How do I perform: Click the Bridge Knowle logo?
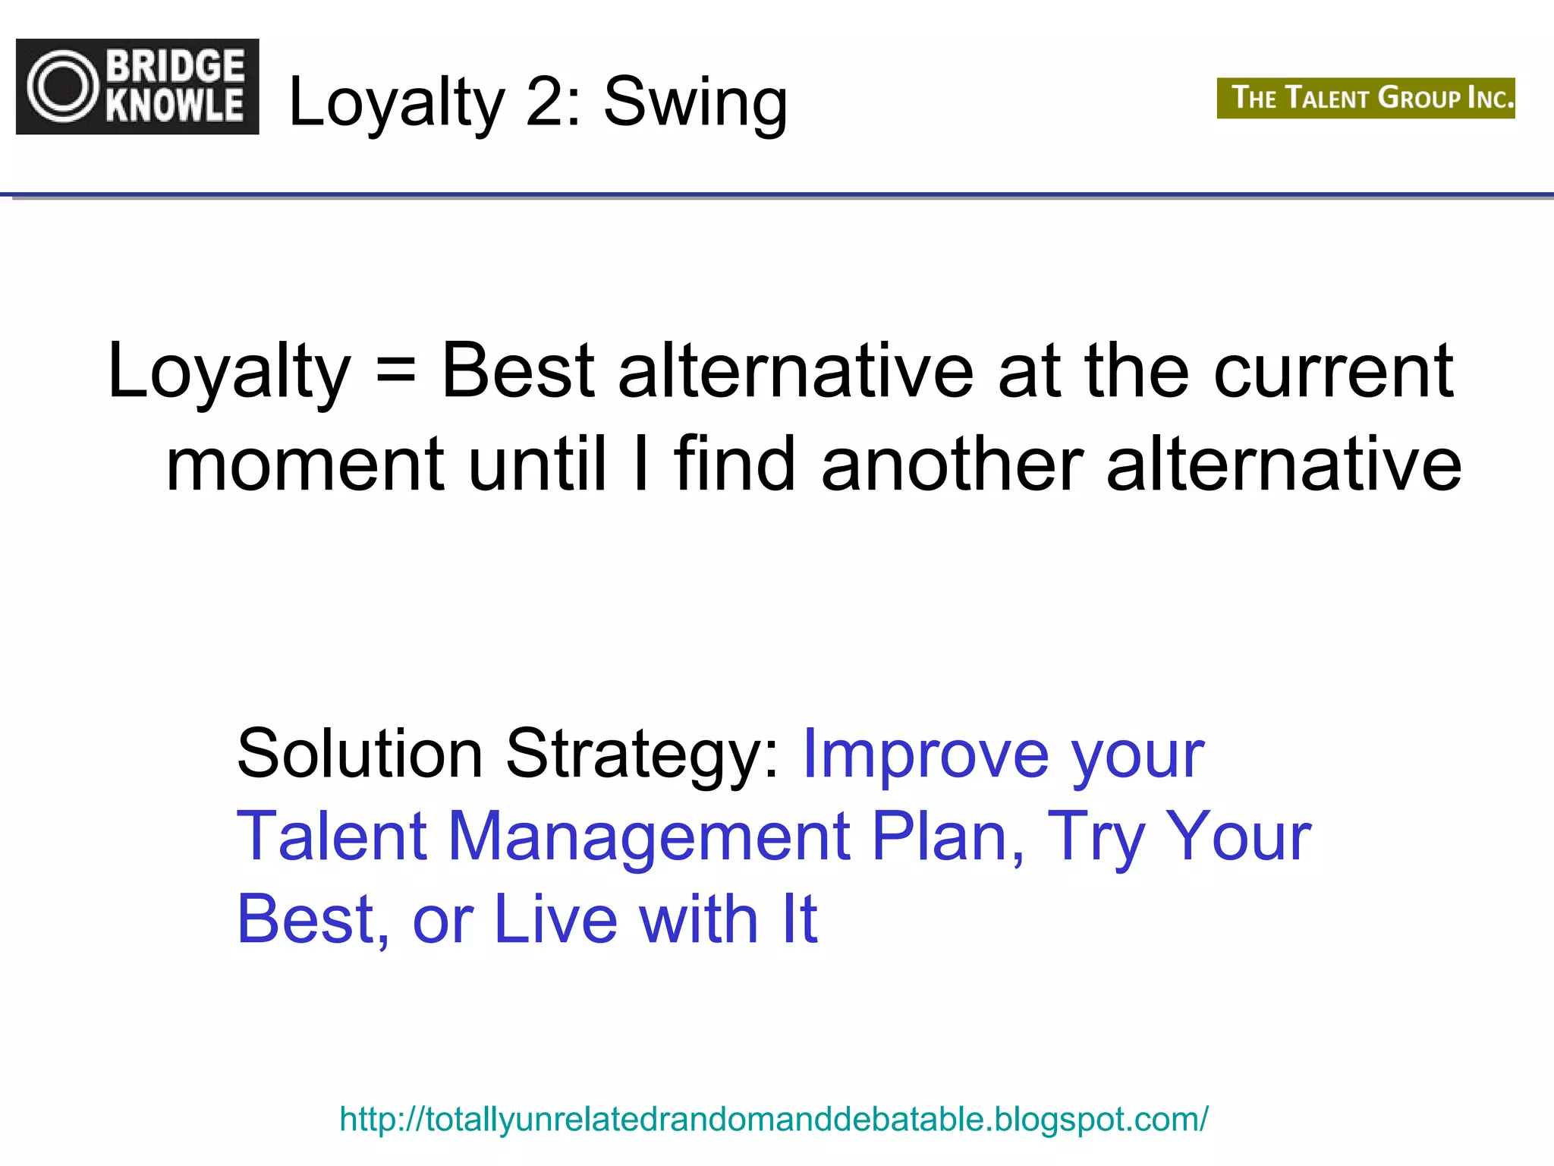(137, 87)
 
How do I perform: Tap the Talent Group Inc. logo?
(1366, 98)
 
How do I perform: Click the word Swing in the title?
(695, 102)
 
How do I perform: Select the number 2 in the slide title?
(546, 102)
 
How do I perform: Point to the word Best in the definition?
(518, 370)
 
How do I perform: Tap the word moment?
(304, 465)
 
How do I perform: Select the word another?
(952, 465)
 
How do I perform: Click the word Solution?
(360, 754)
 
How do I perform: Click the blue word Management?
(650, 838)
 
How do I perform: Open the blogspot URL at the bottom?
(773, 1119)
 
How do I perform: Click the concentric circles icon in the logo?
(63, 87)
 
